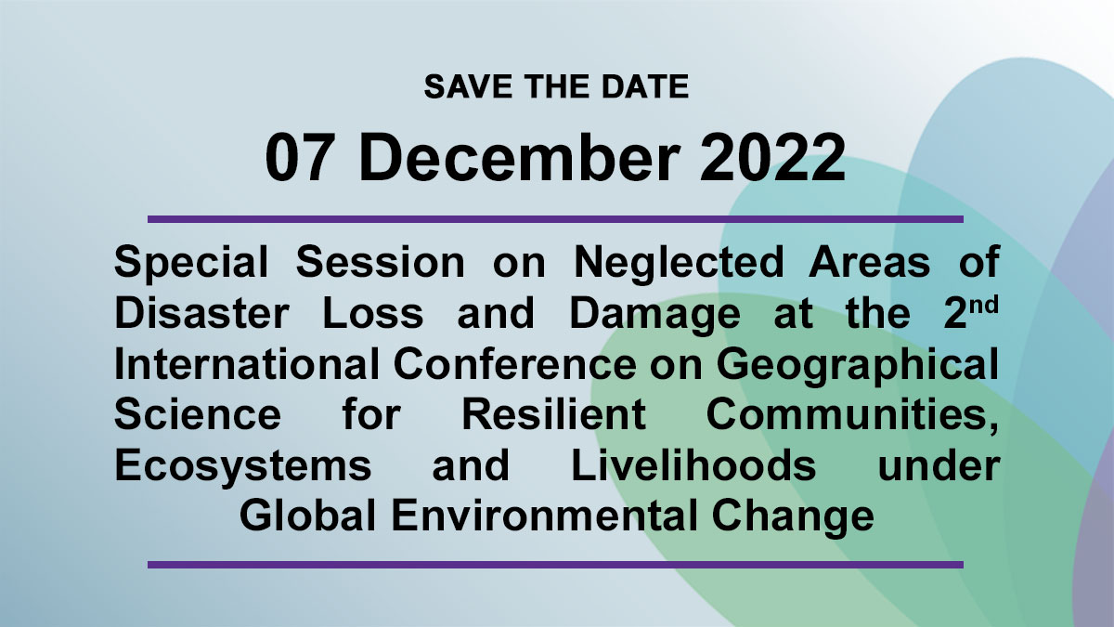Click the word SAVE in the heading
coord(468,86)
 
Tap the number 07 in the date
coord(297,158)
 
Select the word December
coord(519,157)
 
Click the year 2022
coord(772,158)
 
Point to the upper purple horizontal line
coord(555,219)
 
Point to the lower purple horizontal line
coord(555,565)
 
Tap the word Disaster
coord(201,314)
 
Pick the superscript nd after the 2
coord(984,306)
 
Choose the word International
coord(247,364)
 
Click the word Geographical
coord(858,366)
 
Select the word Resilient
coord(553,414)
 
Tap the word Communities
coord(852,416)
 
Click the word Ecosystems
coord(242,466)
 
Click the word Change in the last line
coord(793,517)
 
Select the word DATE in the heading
coord(645,86)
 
